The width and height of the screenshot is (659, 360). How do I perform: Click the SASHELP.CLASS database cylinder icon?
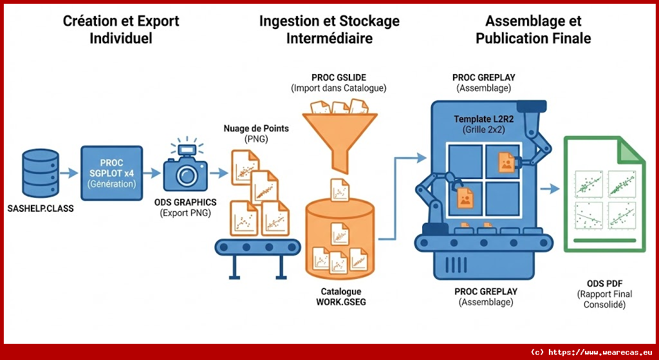(40, 173)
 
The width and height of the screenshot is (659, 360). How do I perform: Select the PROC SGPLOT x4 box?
(111, 173)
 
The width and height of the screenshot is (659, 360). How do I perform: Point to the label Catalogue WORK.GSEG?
(340, 296)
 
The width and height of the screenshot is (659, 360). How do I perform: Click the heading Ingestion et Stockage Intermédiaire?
(329, 30)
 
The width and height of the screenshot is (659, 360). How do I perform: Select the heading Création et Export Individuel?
(121, 30)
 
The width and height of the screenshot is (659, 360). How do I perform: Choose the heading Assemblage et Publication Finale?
(533, 30)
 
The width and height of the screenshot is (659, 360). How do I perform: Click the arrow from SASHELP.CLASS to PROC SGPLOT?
(68, 173)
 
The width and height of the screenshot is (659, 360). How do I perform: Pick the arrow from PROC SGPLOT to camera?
(151, 173)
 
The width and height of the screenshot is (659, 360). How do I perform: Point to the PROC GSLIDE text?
(339, 77)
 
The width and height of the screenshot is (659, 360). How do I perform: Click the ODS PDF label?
(604, 284)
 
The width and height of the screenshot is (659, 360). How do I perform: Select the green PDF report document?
(604, 196)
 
